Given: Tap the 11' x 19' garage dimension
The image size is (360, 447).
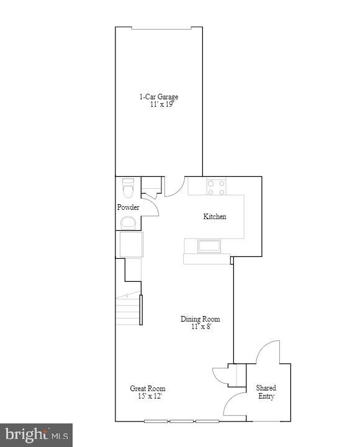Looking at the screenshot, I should [161, 105].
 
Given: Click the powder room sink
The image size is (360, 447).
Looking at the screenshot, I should [128, 223].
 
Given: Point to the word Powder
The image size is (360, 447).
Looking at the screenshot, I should [128, 207].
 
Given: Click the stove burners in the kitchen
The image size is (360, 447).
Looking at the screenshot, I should [216, 187].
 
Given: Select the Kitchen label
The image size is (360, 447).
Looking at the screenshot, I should [215, 217].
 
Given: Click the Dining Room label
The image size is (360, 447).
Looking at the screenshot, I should [200, 319].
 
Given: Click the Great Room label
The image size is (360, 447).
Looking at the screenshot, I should [146, 389].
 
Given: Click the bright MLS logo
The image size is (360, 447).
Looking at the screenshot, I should [36, 435].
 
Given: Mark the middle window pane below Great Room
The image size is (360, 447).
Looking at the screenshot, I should [182, 422].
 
